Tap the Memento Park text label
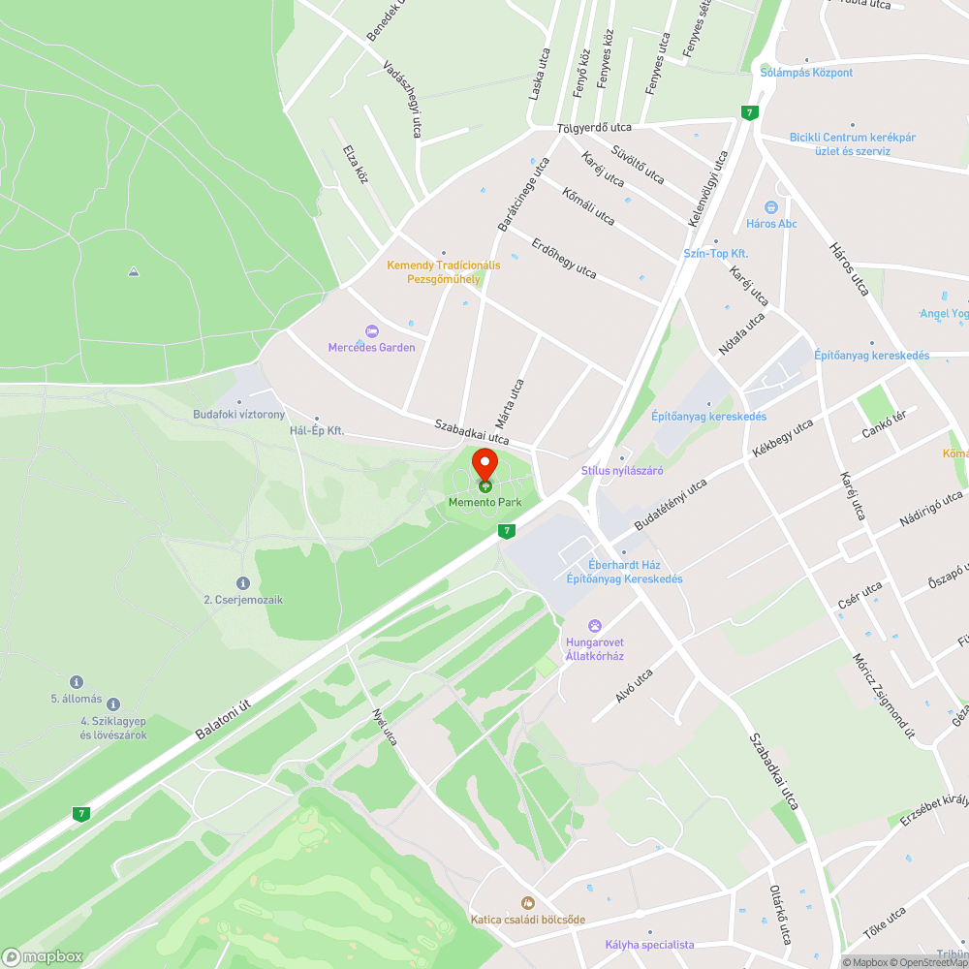484,502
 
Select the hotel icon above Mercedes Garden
371,331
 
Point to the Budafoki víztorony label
238,415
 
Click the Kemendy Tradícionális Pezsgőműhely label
444,272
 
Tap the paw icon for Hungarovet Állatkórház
595,626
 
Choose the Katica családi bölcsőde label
528,919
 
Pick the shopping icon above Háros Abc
771,207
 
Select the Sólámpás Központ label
806,73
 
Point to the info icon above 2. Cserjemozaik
243,583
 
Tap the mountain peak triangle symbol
134,271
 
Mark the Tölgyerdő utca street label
594,128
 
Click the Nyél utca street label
385,727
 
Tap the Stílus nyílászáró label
621,471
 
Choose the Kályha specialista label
649,944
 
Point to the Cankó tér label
884,423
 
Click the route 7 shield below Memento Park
506,531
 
